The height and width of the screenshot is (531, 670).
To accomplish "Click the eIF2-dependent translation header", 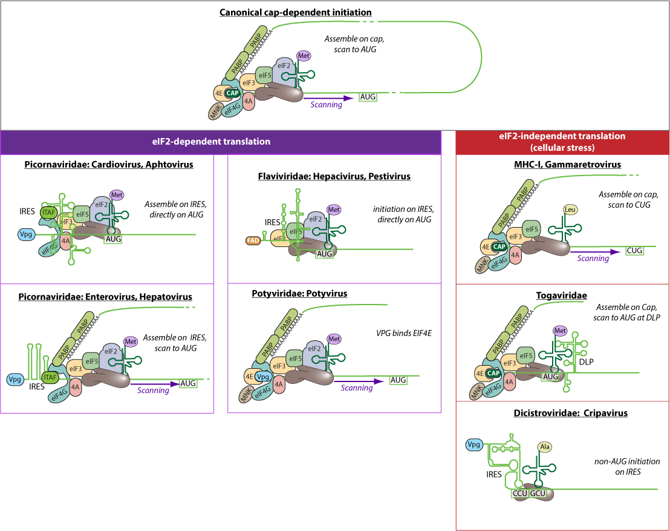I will tap(220, 142).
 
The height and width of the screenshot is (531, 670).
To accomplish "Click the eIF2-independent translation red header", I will tap(562, 142).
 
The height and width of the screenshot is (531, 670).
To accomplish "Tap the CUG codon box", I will tap(634, 251).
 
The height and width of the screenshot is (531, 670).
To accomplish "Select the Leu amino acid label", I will tap(570, 210).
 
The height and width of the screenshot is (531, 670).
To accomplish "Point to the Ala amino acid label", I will tap(545, 447).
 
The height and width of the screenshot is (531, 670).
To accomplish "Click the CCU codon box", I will tap(520, 493).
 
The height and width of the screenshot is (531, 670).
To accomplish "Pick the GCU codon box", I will tap(538, 493).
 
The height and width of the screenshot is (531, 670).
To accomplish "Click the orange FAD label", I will tap(253, 240).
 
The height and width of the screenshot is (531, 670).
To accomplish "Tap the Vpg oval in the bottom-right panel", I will tap(473, 445).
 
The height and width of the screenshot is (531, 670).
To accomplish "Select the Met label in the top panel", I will tap(304, 56).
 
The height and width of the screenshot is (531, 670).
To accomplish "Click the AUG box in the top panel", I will tap(368, 97).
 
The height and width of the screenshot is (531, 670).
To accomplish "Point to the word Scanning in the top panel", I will tap(326, 105).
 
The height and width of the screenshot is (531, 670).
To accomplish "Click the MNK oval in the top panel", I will tap(215, 111).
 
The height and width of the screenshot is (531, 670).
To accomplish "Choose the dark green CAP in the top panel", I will tap(232, 93).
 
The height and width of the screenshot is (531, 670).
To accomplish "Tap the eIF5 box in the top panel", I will tap(264, 75).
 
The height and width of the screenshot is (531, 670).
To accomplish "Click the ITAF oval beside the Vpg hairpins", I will tap(50, 377).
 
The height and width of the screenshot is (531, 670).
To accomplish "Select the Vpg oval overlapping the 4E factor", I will tap(262, 376).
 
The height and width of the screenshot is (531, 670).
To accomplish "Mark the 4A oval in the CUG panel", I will tap(515, 256).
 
